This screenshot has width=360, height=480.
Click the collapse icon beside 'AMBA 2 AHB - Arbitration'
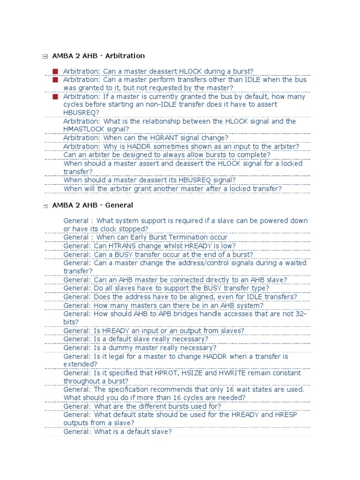(x=45, y=57)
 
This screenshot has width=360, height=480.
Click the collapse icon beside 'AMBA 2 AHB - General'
(x=45, y=206)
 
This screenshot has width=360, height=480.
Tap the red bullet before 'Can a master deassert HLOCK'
(x=55, y=71)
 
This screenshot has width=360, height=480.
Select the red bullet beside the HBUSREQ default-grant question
(x=55, y=97)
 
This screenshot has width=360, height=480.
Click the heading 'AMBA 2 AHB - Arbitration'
(x=98, y=56)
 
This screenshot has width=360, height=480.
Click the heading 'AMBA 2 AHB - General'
(x=93, y=205)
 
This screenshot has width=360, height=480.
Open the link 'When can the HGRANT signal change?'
(x=146, y=138)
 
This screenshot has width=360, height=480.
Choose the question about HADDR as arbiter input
(x=181, y=146)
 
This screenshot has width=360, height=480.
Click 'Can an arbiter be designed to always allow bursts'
(x=167, y=155)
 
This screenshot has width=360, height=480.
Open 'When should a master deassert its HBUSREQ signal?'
(x=150, y=180)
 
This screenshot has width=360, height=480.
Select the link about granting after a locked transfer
(x=172, y=189)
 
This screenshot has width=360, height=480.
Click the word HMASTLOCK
(x=82, y=129)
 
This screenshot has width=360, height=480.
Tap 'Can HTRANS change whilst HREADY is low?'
(x=150, y=246)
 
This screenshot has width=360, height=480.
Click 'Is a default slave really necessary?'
(x=136, y=339)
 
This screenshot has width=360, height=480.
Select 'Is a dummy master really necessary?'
(x=140, y=348)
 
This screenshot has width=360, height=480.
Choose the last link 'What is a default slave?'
(x=118, y=432)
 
